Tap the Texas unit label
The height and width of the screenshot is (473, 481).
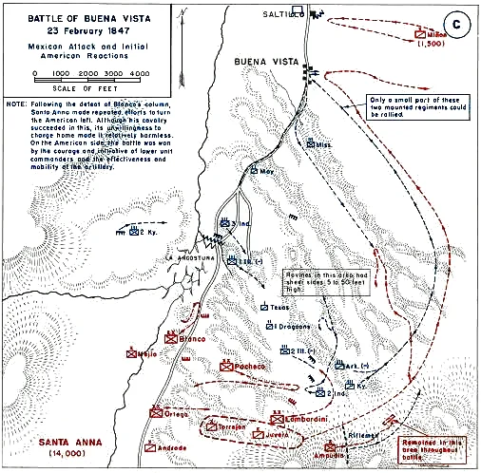tap(279, 308)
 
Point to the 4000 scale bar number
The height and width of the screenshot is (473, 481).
tap(139, 73)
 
